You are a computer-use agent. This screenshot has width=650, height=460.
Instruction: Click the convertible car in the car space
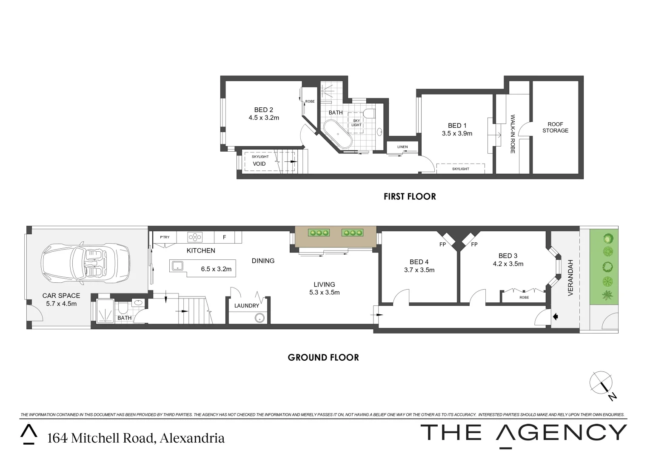coord(86,264)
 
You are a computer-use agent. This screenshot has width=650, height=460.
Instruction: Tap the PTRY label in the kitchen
coord(165,237)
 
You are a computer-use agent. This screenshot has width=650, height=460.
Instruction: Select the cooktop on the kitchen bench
coord(195,237)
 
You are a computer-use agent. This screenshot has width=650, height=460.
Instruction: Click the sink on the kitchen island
coord(177,267)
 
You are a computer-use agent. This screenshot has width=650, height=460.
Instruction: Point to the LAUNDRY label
coord(247,305)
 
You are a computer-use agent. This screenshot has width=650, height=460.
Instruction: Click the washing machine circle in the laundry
coord(259,317)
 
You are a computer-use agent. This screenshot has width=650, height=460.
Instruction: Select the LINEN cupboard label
coord(402,147)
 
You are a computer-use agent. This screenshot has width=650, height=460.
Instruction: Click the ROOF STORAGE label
coord(555,127)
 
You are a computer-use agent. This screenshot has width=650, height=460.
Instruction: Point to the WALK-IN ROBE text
coord(513,134)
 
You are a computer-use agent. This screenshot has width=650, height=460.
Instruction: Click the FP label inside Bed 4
coord(442,244)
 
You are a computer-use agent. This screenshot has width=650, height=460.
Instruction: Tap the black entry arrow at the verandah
coord(555,316)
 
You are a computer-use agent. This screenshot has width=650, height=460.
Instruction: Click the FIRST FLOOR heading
coord(410,196)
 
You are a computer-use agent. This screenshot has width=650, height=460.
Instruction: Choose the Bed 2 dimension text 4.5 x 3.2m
coord(264,118)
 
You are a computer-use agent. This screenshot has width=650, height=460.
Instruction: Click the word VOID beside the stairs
coord(259,164)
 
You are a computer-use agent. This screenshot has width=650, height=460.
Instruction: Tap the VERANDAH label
coord(571,278)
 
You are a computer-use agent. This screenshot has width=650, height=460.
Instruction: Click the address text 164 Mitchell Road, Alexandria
coord(136,438)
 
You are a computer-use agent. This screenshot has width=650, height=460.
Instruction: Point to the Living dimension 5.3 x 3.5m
coord(324,292)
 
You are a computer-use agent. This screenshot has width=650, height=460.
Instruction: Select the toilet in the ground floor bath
coord(123,308)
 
